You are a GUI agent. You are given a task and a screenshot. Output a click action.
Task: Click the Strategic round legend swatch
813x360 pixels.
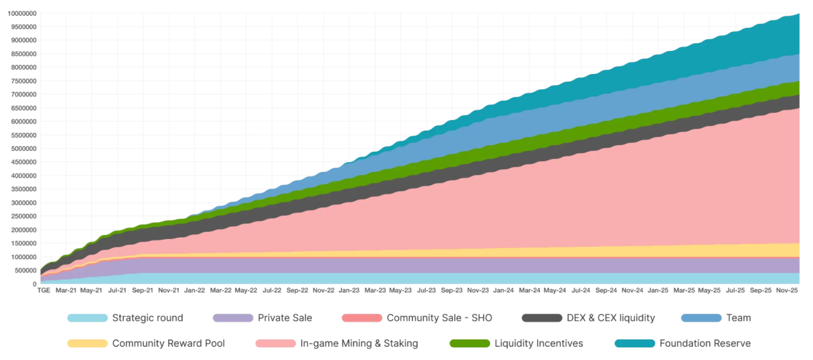(x=87, y=318)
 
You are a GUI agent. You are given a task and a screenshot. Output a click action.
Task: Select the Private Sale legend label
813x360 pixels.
(x=285, y=318)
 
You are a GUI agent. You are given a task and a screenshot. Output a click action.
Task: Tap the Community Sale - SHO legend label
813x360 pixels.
(x=439, y=318)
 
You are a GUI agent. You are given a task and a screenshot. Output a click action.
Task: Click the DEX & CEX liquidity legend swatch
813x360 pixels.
(x=542, y=318)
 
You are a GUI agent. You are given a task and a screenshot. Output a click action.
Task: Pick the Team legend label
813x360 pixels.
(x=738, y=318)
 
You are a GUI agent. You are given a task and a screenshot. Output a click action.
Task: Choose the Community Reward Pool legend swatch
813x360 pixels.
(x=87, y=344)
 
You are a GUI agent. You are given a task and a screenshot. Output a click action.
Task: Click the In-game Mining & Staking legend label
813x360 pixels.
(x=359, y=344)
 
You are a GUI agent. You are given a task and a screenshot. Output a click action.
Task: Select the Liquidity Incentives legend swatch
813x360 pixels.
(x=469, y=344)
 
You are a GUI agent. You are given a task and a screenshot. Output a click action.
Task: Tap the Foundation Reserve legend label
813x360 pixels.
(x=704, y=344)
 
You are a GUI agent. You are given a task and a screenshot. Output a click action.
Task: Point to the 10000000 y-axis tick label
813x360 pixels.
(x=22, y=13)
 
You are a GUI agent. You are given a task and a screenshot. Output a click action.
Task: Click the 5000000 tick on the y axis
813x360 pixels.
(x=24, y=148)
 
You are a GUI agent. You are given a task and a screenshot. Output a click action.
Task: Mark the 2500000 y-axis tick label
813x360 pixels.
(x=24, y=216)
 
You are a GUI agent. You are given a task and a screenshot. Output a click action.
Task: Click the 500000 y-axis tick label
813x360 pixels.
(x=25, y=271)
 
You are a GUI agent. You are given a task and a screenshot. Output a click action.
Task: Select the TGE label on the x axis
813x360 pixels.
(x=43, y=290)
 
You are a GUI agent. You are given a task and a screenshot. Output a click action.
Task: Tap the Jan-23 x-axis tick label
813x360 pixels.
(x=349, y=290)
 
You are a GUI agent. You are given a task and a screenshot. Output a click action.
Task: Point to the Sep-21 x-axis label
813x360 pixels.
(x=143, y=290)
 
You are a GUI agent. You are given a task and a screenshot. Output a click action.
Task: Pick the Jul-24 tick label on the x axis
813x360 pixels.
(x=581, y=290)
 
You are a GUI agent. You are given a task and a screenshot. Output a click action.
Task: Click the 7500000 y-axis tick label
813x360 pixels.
(x=24, y=81)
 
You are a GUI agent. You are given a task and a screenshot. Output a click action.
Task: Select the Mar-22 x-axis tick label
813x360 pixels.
(x=220, y=290)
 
